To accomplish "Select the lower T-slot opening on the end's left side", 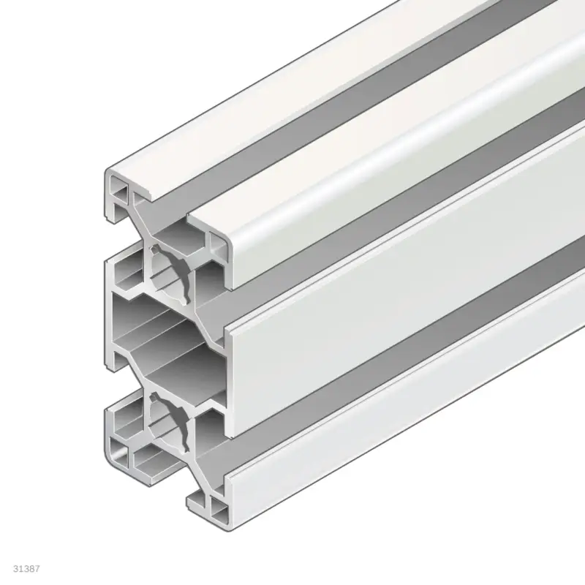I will point(110,409).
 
